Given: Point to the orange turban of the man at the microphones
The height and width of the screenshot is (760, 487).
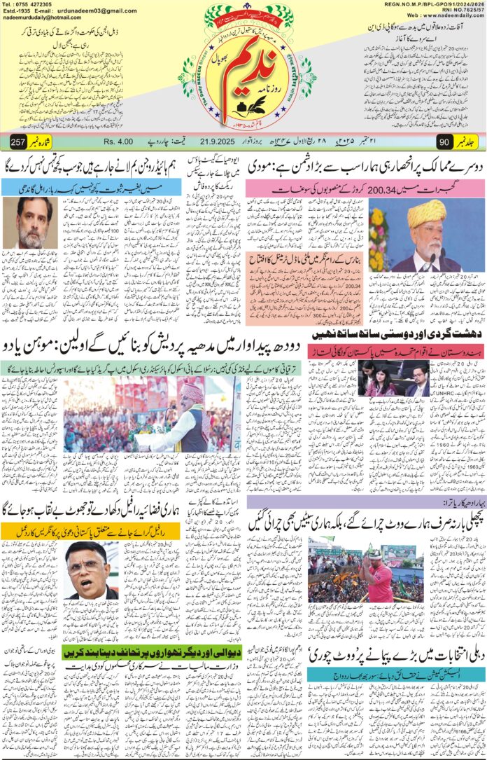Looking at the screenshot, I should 427,214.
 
